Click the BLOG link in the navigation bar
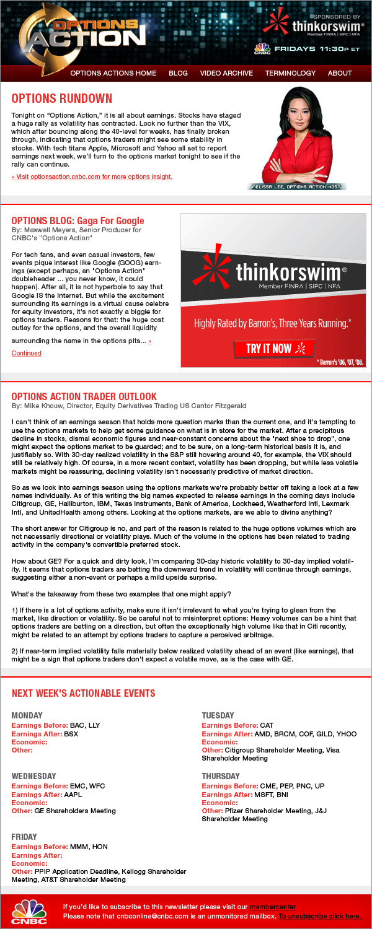178,73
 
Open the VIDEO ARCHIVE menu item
226,73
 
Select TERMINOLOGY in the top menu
290,73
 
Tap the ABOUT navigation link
340,73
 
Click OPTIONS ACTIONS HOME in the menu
113,73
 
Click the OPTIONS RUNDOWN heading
62,98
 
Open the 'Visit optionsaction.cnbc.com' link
92,177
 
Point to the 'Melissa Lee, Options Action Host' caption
297,186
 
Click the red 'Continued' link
27,353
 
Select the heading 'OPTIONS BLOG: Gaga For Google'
77,220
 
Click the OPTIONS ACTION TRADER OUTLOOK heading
84,396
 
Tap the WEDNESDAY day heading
34,776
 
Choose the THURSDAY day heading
221,776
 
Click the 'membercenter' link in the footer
273,907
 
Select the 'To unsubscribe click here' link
320,916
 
